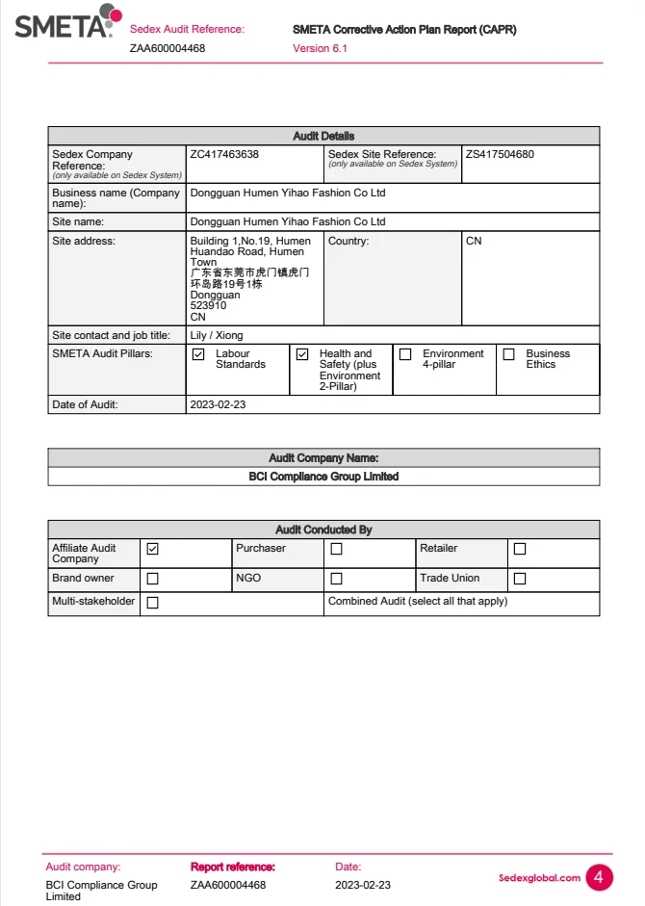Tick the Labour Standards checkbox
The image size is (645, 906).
[198, 354]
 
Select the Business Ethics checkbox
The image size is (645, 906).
[508, 354]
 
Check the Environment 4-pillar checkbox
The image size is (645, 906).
[405, 354]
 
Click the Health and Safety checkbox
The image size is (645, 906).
[301, 354]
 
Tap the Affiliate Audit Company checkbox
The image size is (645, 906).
[152, 549]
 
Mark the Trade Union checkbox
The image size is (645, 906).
[520, 579]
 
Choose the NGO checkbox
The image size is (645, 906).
[336, 579]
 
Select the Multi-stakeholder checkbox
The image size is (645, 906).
[152, 603]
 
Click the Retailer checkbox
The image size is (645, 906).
[520, 549]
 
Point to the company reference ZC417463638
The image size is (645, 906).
[224, 154]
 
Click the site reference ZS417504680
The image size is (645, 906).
[500, 154]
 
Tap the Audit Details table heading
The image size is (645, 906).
[323, 137]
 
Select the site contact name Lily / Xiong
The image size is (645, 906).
[217, 335]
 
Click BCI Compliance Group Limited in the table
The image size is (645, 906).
[323, 477]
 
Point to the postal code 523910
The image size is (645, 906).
[208, 305]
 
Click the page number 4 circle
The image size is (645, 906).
[599, 877]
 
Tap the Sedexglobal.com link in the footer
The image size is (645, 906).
[540, 878]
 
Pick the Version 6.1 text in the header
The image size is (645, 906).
[320, 48]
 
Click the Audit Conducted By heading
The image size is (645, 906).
[323, 530]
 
